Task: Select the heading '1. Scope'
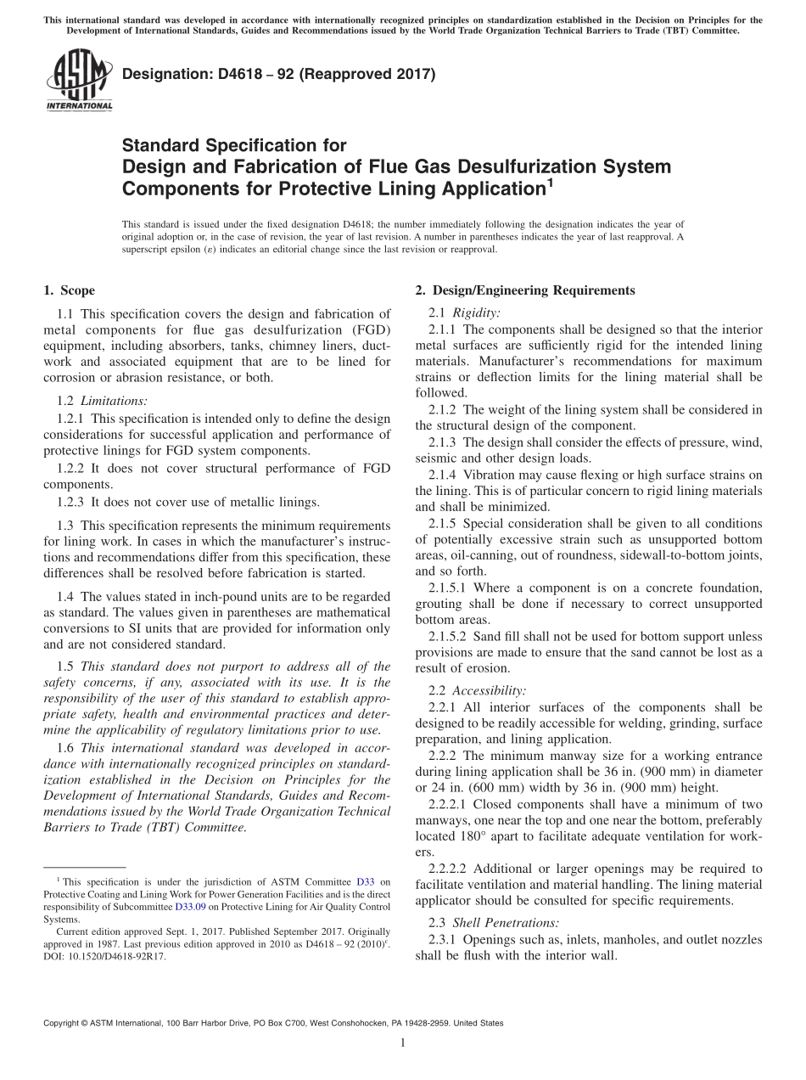pyautogui.click(x=70, y=290)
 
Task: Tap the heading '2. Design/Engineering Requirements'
pyautogui.click(x=524, y=290)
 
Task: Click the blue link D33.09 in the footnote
pyautogui.click(x=189, y=906)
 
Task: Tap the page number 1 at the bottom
pyautogui.click(x=403, y=1043)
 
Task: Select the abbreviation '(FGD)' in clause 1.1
pyautogui.click(x=368, y=346)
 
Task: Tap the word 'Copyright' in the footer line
pyautogui.click(x=64, y=1023)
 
